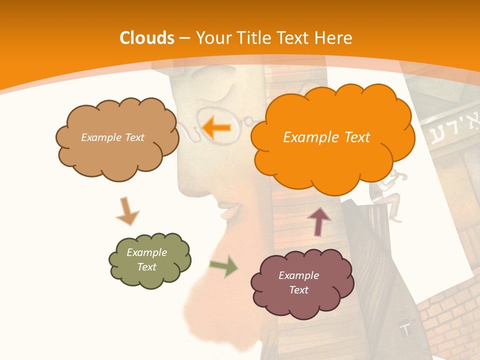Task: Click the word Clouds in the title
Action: coord(147,38)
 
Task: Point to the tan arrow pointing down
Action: coord(127,210)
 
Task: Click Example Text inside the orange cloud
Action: coord(326,137)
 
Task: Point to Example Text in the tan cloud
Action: coord(112,137)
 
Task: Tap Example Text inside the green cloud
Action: coord(146,259)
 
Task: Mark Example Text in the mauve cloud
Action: coord(298,282)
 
